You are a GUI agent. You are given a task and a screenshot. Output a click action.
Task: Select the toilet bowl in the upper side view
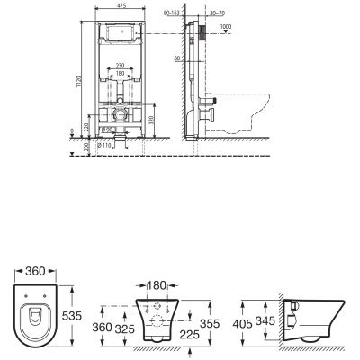point(238,112)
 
